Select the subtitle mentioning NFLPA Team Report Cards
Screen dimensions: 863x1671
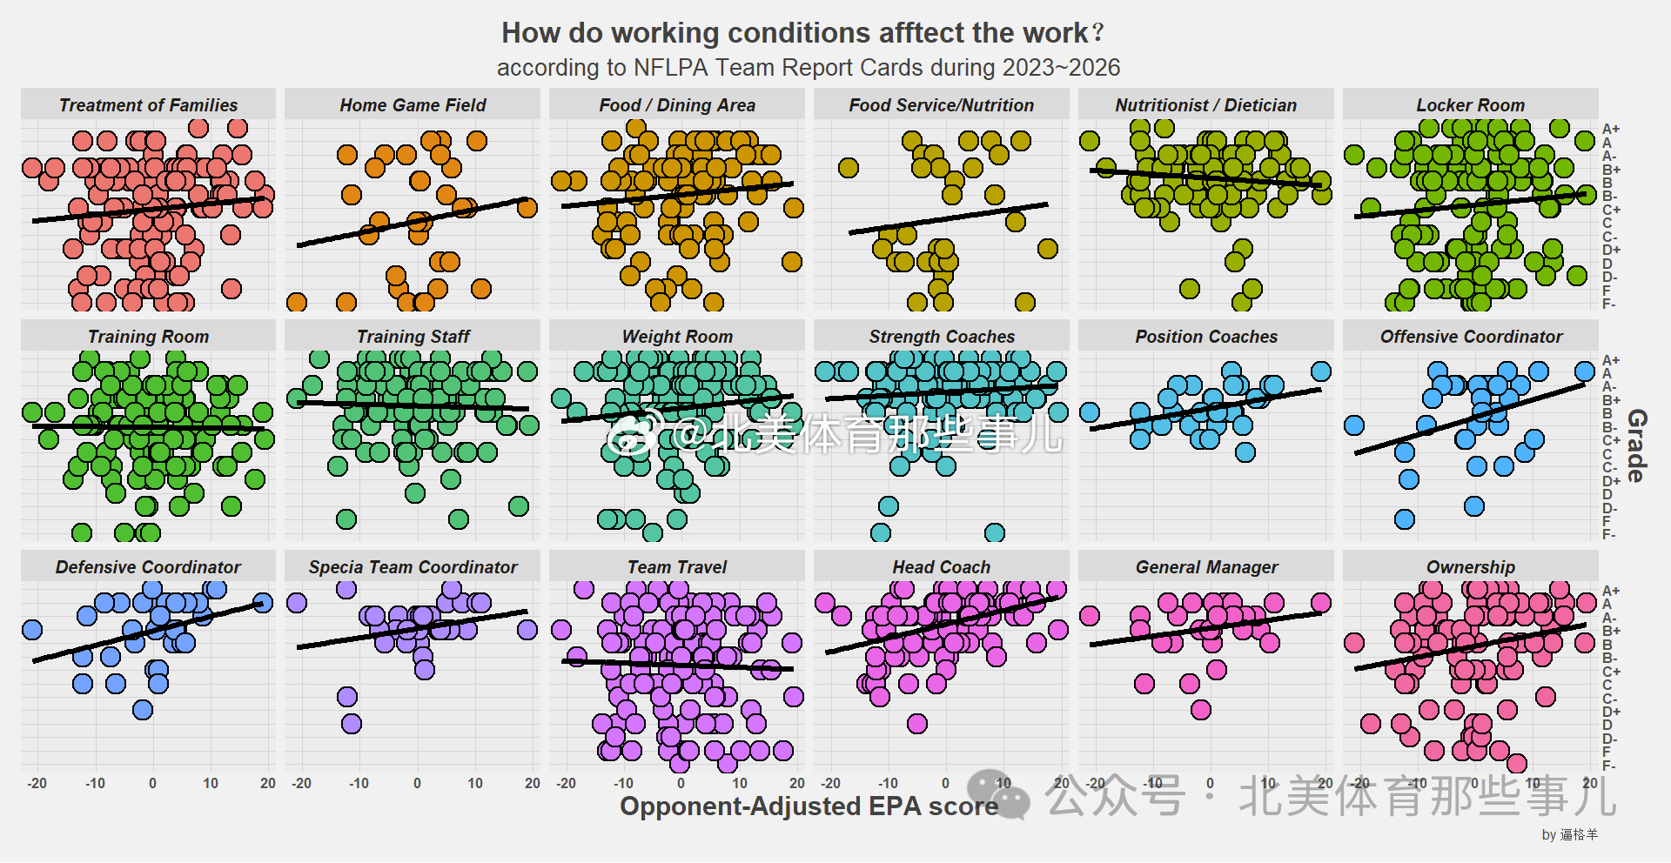808,68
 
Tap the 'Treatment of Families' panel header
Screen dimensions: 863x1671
148,105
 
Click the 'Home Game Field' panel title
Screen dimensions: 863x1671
413,105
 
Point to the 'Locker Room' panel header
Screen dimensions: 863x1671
1470,105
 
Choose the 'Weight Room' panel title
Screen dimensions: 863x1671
677,337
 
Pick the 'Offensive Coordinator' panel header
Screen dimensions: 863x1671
1471,337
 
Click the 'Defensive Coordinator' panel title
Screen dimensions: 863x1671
148,567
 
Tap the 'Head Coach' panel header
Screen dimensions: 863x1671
941,567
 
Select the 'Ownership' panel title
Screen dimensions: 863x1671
1470,567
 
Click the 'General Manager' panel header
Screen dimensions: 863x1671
1206,567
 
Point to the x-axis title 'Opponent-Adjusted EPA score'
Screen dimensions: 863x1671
809,806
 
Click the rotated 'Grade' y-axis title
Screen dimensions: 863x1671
1636,445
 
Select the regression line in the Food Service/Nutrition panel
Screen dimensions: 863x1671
949,217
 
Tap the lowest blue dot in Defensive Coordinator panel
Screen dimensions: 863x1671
143,710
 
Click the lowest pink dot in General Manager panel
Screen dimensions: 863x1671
1201,710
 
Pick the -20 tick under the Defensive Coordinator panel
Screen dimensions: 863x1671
37,783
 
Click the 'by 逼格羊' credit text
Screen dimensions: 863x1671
1569,834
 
